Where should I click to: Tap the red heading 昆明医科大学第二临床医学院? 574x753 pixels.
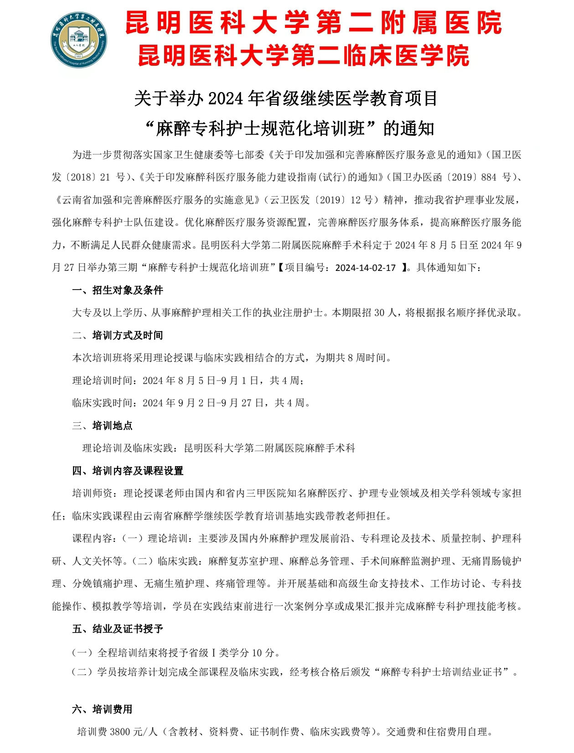point(303,56)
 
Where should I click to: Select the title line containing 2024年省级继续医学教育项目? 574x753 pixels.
point(286,99)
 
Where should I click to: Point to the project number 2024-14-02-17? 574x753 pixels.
point(365,268)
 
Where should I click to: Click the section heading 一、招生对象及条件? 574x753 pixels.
point(118,291)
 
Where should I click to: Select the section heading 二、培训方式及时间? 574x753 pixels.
point(118,336)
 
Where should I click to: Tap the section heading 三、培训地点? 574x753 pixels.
point(103,426)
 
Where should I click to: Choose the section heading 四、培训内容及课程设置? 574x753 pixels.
point(128,471)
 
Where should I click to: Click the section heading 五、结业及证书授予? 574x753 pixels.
point(118,629)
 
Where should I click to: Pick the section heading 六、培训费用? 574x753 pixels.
point(103,709)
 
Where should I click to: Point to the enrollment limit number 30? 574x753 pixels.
point(379,313)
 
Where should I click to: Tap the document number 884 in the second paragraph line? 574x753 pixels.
point(489,177)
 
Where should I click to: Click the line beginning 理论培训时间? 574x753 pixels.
point(188,380)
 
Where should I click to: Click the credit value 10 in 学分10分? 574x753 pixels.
point(257,653)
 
